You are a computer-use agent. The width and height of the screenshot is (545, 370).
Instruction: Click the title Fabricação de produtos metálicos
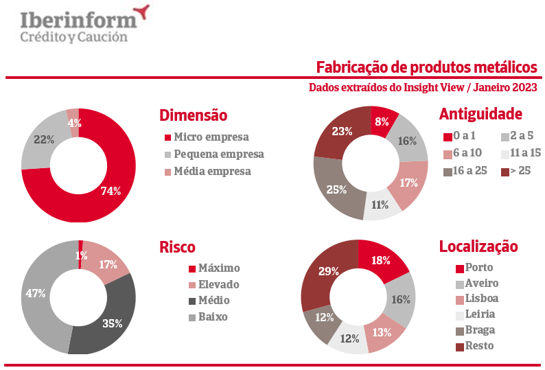(x=426, y=67)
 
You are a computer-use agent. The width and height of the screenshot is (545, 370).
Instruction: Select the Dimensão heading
(x=193, y=115)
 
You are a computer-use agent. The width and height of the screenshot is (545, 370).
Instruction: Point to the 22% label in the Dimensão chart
(x=44, y=139)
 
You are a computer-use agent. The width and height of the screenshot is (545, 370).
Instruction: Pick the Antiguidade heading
(x=480, y=114)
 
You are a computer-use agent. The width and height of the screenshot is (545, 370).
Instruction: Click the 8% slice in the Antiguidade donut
(x=382, y=122)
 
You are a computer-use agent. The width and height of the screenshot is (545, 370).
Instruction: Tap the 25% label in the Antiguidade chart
(x=335, y=189)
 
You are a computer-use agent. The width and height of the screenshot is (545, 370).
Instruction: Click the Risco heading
(x=177, y=247)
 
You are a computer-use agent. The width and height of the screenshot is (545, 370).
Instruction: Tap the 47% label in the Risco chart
(x=36, y=294)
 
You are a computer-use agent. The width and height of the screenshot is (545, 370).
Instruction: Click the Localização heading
(x=478, y=246)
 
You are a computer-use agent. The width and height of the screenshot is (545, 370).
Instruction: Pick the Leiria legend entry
(x=479, y=314)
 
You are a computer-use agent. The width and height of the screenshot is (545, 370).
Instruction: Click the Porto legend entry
(x=478, y=267)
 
